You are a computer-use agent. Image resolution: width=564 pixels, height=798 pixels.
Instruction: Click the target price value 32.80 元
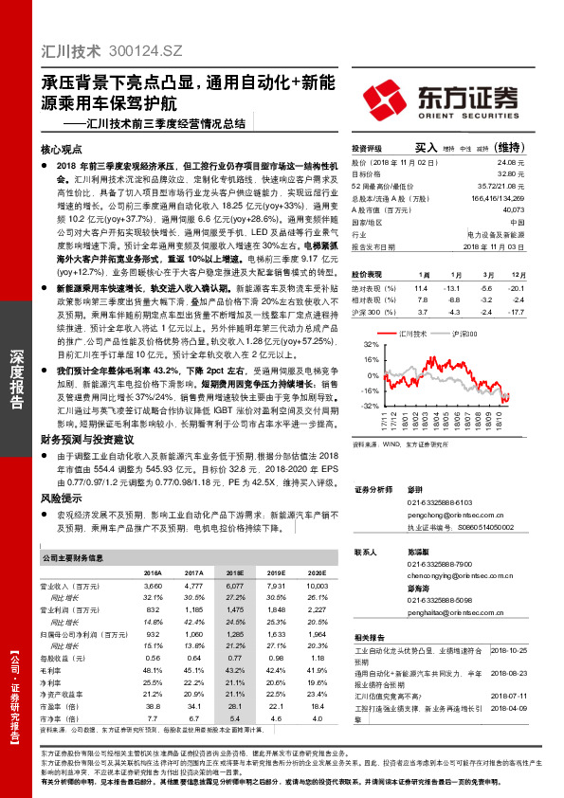(511, 173)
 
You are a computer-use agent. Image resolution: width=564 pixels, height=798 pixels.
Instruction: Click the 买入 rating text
(426, 148)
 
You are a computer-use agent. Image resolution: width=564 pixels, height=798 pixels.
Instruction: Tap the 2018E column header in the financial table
(234, 573)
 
